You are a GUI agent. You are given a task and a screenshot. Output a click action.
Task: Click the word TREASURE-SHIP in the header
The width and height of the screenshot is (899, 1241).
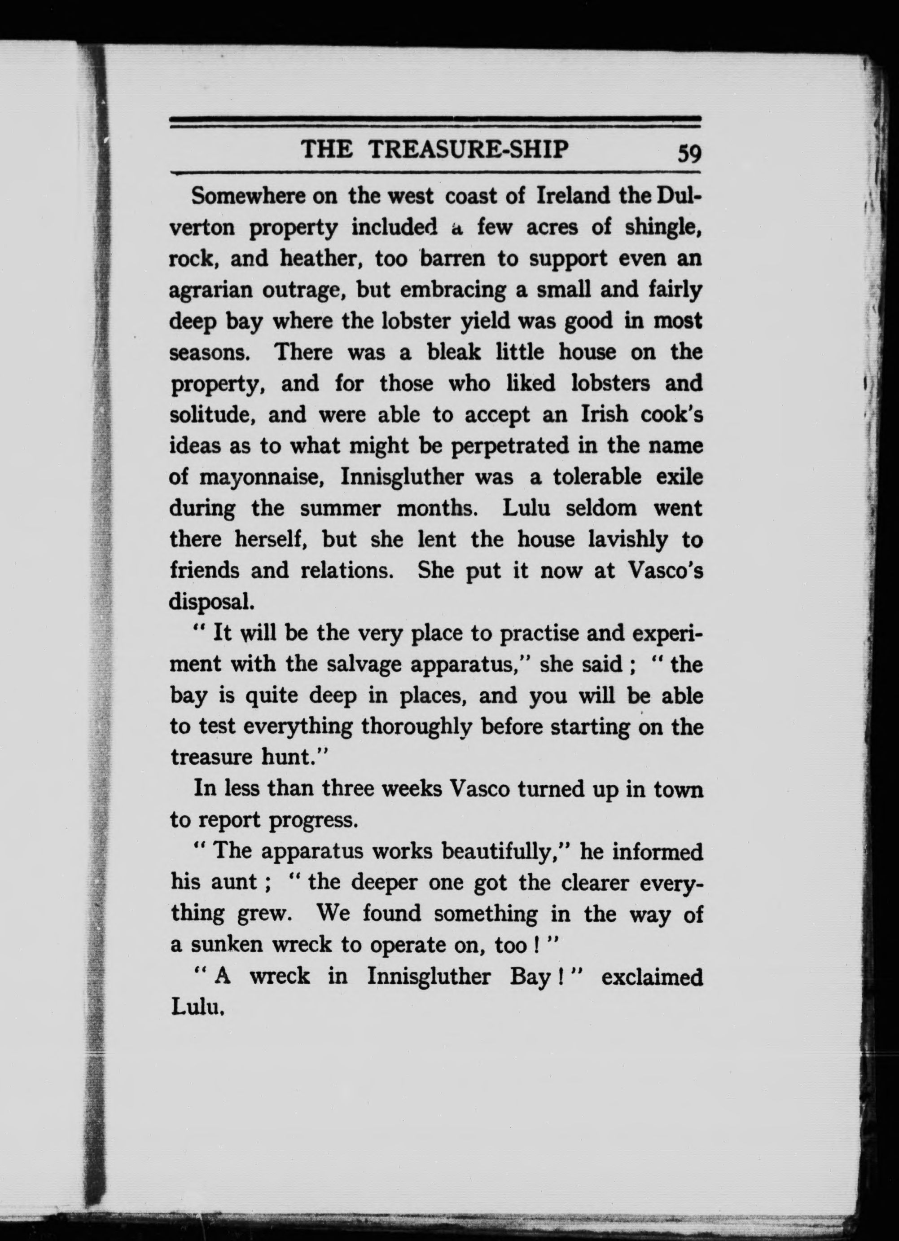469,150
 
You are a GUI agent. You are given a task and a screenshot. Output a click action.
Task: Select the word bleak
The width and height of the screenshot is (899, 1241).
454,352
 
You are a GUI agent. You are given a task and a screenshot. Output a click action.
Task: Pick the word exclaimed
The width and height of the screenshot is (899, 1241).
653,977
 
